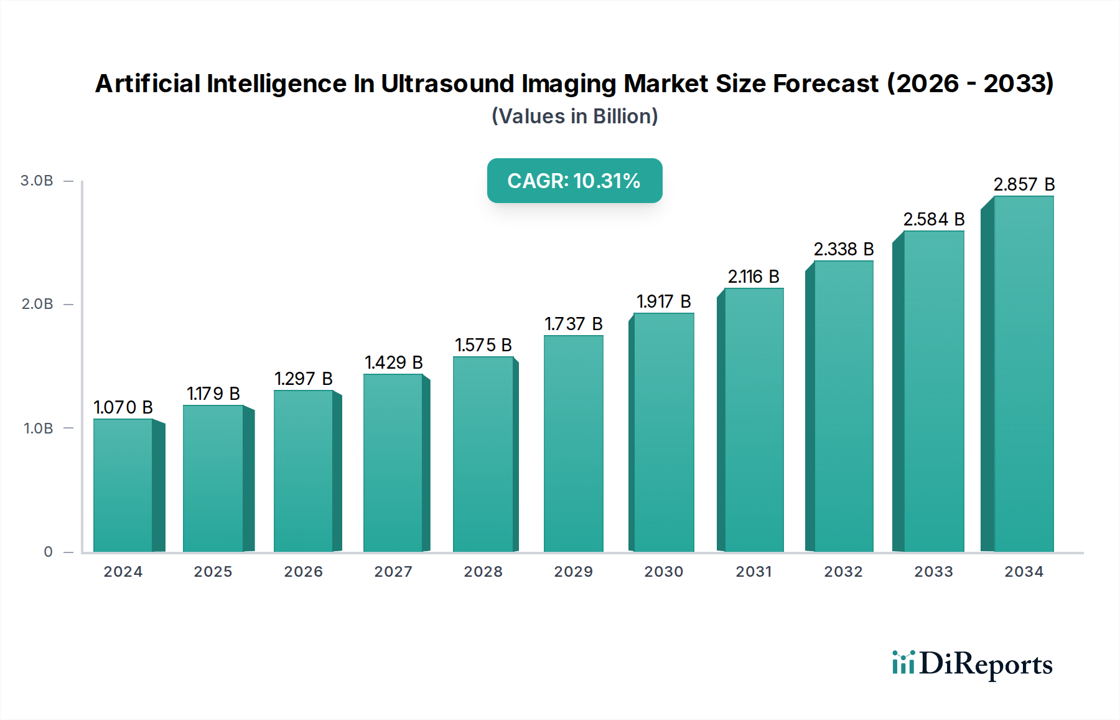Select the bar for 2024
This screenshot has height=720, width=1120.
(x=123, y=486)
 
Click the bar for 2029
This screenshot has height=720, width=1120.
(x=574, y=443)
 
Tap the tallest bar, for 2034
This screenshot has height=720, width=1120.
(x=1024, y=374)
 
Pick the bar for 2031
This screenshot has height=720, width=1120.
(x=754, y=420)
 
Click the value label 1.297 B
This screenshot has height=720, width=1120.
(x=304, y=379)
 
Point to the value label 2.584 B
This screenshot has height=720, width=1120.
(x=934, y=219)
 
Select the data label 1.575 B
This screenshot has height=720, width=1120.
(x=483, y=345)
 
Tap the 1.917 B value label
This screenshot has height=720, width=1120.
(x=664, y=301)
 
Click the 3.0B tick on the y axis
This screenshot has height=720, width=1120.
(x=37, y=181)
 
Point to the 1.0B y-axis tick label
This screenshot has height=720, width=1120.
(x=39, y=429)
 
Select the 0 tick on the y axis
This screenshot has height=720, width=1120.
(x=49, y=552)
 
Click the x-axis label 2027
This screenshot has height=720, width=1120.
(x=393, y=572)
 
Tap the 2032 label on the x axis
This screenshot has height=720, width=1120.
(x=843, y=572)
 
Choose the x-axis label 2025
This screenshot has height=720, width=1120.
(x=213, y=572)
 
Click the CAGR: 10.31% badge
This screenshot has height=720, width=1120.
(x=574, y=181)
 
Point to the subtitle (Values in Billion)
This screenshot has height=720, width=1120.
(x=574, y=116)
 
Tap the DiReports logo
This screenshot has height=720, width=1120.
(x=972, y=664)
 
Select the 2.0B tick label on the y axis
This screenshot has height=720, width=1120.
(x=37, y=304)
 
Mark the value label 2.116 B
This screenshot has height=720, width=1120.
(x=754, y=277)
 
